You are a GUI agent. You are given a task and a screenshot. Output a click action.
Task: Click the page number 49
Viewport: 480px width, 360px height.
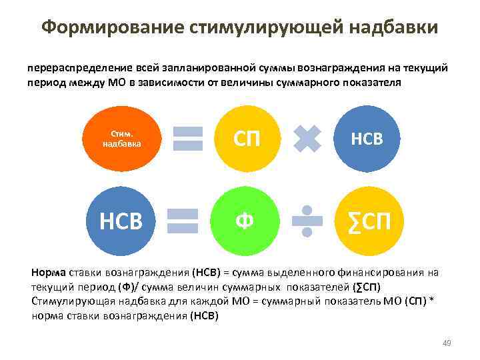(x=447, y=343)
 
